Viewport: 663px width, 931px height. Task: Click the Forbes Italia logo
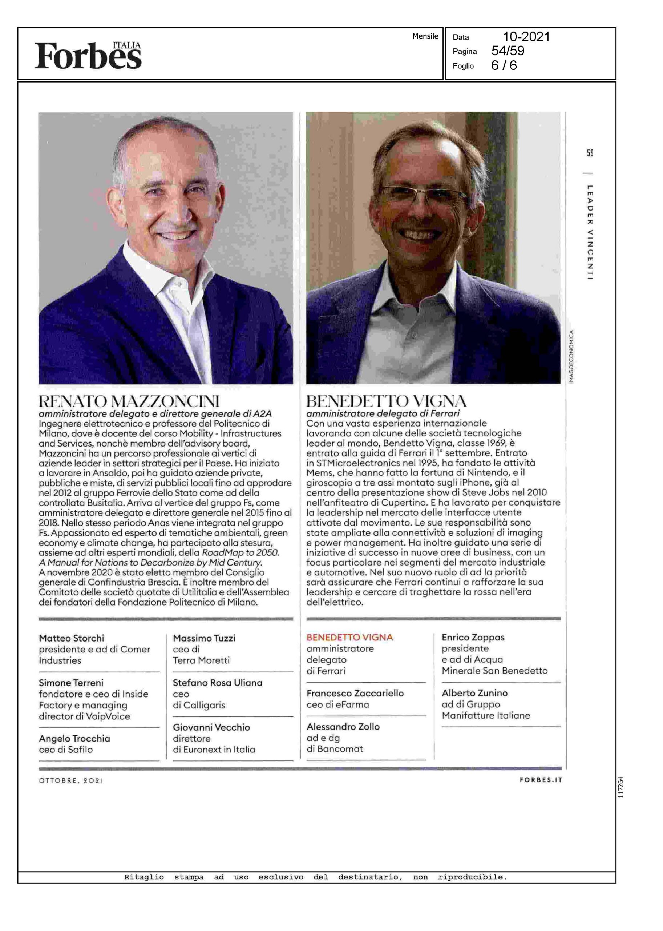click(88, 55)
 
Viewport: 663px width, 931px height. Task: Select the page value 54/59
click(508, 51)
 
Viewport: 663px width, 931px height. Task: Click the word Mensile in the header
click(425, 36)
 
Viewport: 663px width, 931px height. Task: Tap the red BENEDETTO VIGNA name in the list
click(349, 637)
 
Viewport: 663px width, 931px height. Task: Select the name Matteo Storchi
click(72, 638)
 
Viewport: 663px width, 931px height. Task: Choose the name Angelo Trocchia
click(74, 739)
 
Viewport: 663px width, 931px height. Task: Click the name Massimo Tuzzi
click(204, 638)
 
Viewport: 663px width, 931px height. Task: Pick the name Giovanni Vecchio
click(211, 727)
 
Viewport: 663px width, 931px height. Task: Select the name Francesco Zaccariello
click(355, 693)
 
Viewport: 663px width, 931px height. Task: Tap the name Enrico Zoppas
click(473, 637)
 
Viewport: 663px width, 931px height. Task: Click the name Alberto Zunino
click(474, 693)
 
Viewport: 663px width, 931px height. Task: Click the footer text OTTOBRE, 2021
click(70, 780)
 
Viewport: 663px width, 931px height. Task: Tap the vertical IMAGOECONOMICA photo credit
click(571, 356)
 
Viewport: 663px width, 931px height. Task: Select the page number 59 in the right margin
click(590, 153)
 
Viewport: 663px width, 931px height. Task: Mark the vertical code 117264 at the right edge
click(620, 787)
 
